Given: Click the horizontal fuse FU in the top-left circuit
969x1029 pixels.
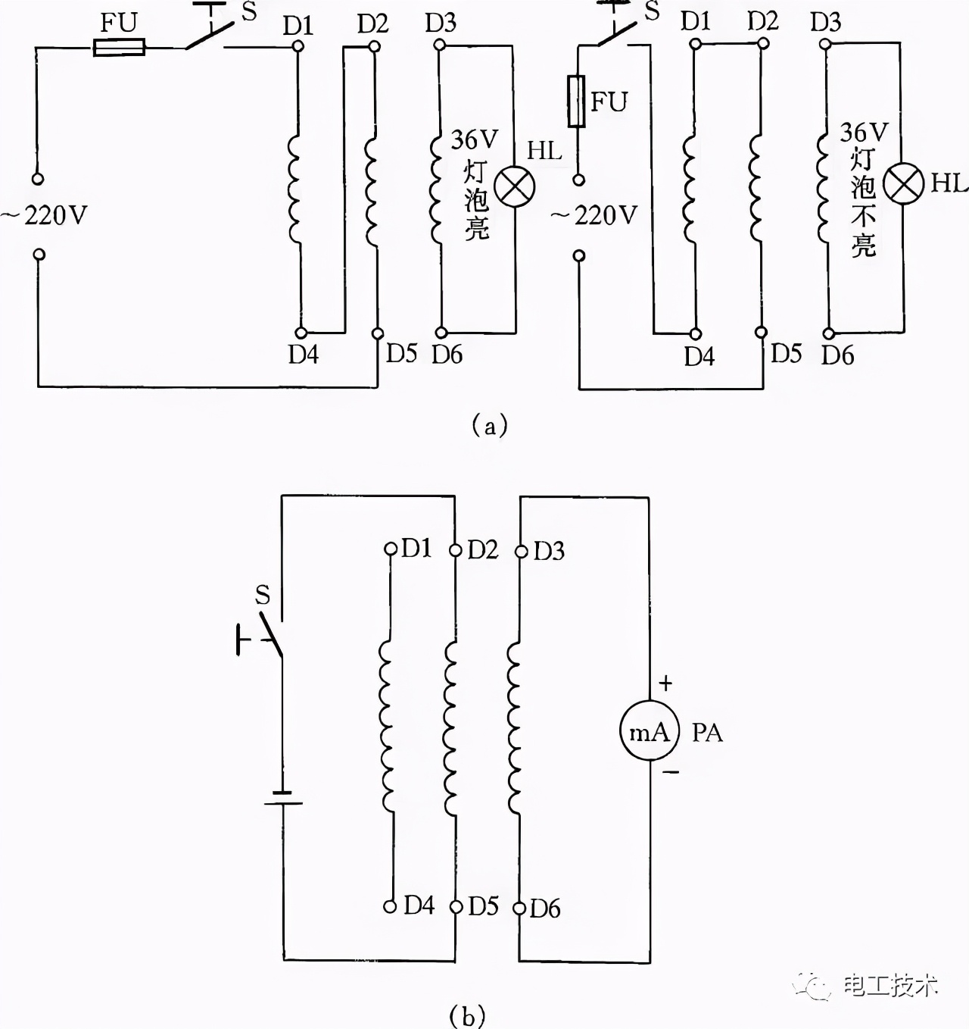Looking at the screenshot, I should (118, 48).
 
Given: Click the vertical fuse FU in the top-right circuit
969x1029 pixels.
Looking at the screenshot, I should (577, 101).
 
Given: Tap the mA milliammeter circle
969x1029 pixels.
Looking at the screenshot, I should (649, 731).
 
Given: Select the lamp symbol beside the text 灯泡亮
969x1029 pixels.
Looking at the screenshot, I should (515, 186).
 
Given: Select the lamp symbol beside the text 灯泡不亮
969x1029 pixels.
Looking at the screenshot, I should (904, 184).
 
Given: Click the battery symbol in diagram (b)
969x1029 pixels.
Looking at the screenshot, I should (282, 799).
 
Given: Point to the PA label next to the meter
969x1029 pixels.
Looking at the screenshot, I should (707, 733).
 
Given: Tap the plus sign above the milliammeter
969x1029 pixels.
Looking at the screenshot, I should (665, 683).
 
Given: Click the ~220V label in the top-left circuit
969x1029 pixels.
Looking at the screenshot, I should (45, 216).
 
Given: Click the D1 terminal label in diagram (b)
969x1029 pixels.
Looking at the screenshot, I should (416, 548).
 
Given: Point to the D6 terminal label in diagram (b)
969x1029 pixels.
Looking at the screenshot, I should (544, 908).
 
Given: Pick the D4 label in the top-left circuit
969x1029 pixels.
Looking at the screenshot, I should (303, 354).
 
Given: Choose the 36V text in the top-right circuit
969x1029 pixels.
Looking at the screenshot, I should (863, 132).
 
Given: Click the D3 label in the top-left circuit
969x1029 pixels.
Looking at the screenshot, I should (441, 23).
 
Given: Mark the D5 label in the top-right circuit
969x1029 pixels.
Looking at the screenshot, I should (786, 353).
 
